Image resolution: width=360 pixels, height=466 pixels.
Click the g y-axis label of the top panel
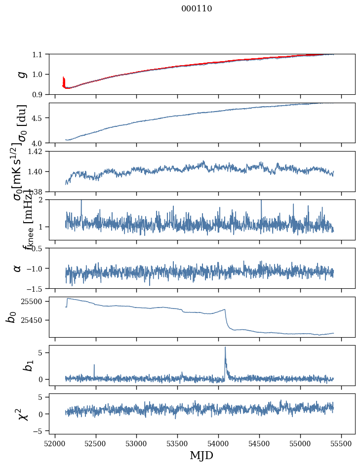(21, 74)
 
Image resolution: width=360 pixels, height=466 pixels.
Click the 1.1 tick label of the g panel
(38, 54)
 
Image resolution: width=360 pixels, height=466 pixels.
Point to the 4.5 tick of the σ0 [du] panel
(38, 118)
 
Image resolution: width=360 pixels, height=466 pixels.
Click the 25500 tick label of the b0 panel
(34, 301)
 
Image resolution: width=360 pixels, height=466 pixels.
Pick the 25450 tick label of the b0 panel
(34, 320)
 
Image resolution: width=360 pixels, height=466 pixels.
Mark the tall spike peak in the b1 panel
(225, 347)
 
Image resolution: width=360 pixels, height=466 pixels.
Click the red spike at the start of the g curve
(63, 80)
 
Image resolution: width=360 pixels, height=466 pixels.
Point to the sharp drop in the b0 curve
(227, 318)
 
